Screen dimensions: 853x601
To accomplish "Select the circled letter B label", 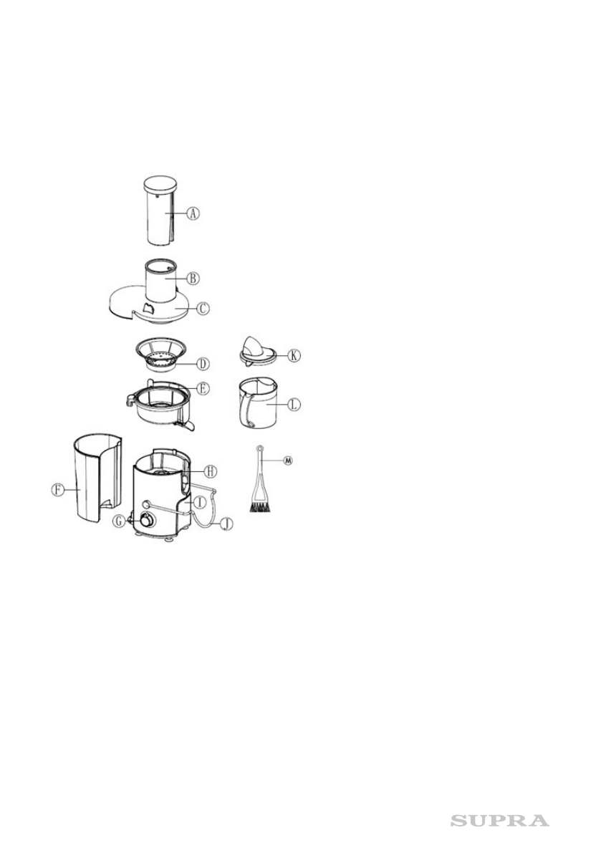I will [x=192, y=277].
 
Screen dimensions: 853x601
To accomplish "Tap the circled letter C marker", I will [x=203, y=309].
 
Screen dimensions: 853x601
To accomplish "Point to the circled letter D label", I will [x=203, y=364].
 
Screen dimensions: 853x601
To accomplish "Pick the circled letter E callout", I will [x=203, y=388].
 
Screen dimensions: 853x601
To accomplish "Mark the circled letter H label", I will [x=210, y=471].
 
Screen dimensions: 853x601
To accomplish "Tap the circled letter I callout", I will [x=200, y=503].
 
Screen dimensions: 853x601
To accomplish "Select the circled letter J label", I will [x=226, y=524].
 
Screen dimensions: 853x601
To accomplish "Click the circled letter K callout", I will [x=294, y=355].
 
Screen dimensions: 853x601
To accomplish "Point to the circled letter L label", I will [x=294, y=405].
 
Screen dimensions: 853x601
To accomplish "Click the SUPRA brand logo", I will [x=500, y=821].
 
